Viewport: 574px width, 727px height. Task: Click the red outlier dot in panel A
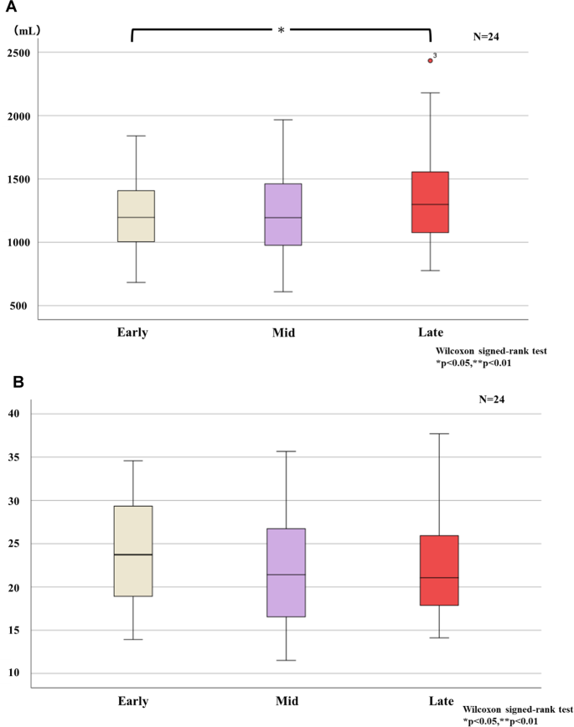pyautogui.click(x=430, y=60)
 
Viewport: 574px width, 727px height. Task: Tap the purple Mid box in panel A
pyautogui.click(x=282, y=214)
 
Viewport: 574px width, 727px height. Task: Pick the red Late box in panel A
pyautogui.click(x=430, y=202)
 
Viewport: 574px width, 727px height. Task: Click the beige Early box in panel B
pyautogui.click(x=132, y=551)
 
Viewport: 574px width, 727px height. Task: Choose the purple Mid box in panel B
pyautogui.click(x=286, y=572)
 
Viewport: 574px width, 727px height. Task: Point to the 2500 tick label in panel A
pyautogui.click(x=18, y=53)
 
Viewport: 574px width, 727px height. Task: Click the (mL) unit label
pyautogui.click(x=28, y=30)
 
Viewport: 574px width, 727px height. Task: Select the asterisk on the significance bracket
pyautogui.click(x=282, y=31)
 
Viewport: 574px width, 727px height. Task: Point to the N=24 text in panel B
pyautogui.click(x=492, y=400)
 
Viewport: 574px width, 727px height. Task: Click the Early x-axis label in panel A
pyautogui.click(x=132, y=333)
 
